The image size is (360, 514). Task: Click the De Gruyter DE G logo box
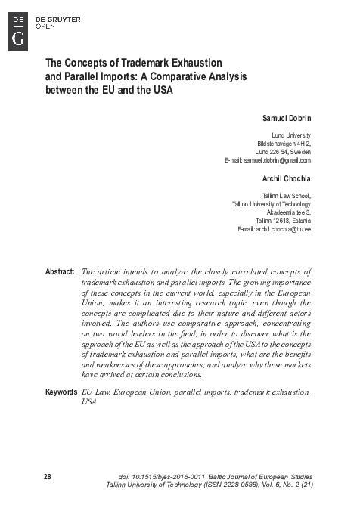[18, 31]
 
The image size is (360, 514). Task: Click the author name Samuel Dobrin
[285, 119]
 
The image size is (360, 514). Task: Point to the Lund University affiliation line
[291, 135]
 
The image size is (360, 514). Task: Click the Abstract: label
[59, 271]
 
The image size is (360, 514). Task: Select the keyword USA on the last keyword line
[88, 402]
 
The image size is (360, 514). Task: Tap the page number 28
[48, 477]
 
